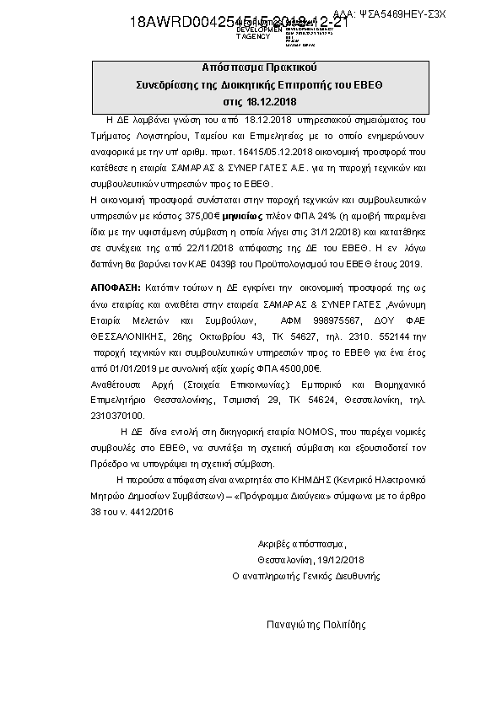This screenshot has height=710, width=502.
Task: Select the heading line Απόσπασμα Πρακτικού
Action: click(250, 67)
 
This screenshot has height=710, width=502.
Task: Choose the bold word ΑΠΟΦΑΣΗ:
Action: click(113, 288)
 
